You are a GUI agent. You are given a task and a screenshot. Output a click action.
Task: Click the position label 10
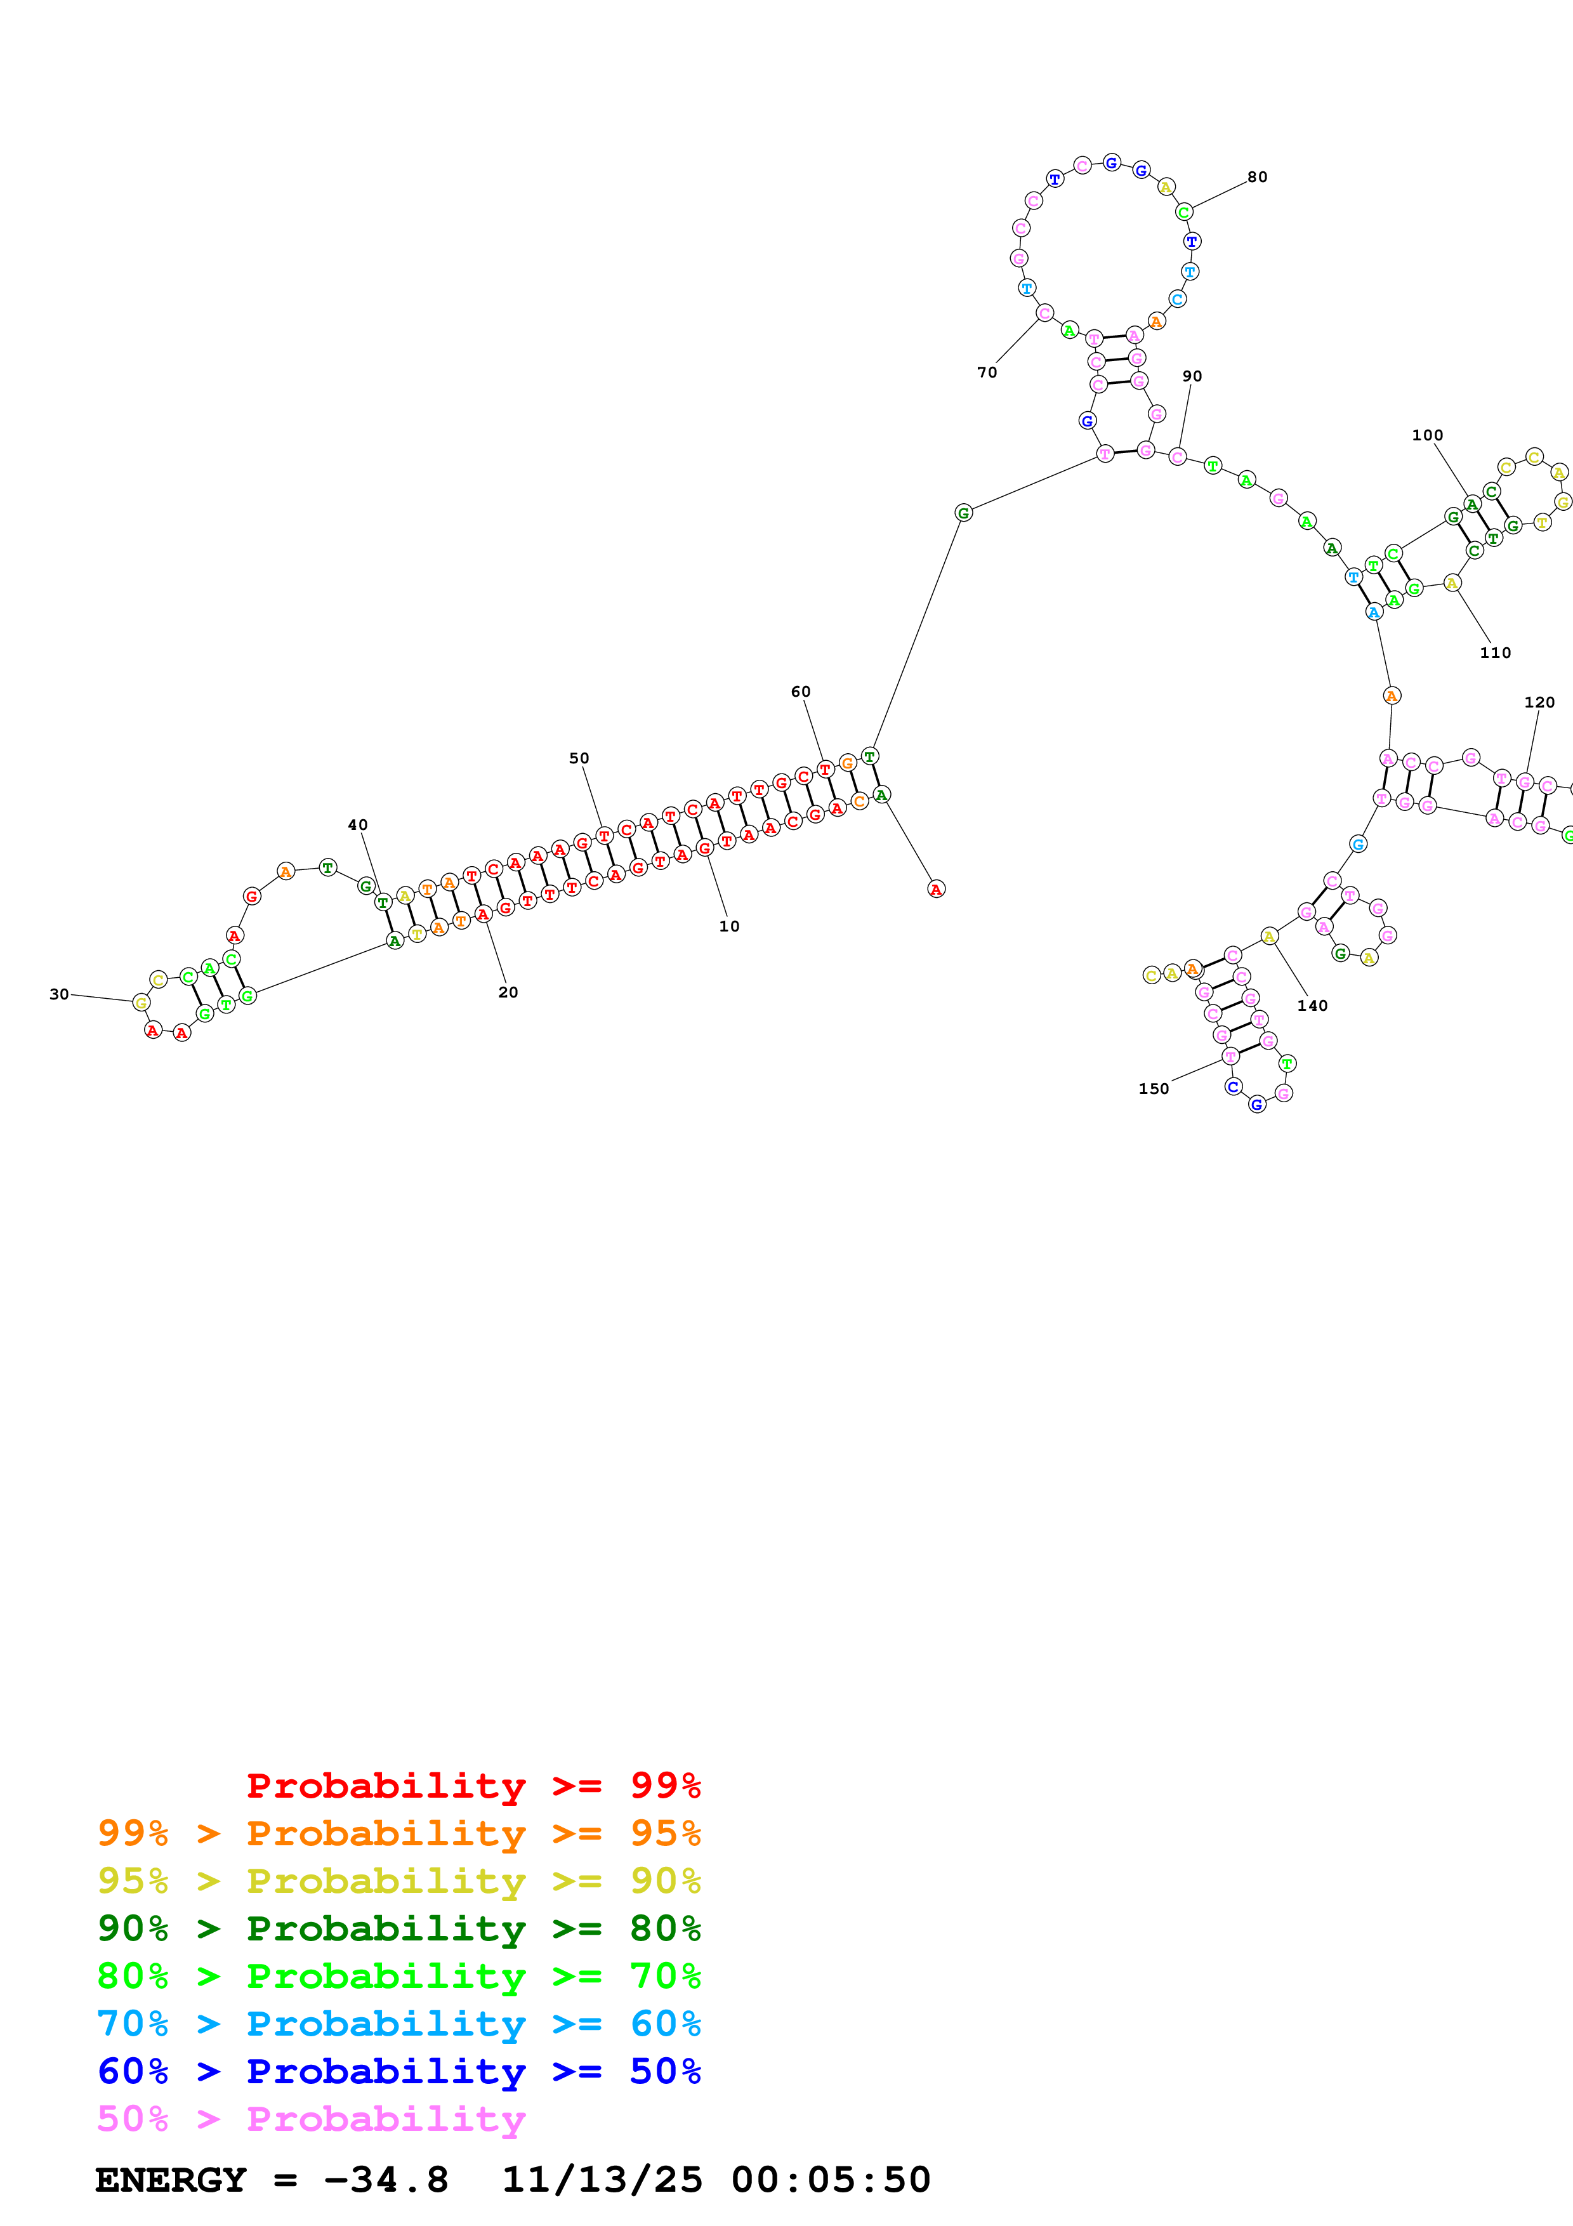(x=729, y=926)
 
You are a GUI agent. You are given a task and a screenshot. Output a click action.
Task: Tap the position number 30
(x=59, y=994)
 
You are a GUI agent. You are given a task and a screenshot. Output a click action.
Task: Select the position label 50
(x=579, y=758)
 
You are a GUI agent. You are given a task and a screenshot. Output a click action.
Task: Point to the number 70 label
(x=987, y=372)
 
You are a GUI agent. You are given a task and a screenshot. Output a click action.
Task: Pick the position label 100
(x=1426, y=435)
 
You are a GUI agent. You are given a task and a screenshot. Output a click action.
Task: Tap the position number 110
(x=1494, y=652)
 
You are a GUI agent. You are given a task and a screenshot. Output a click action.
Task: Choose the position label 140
(x=1312, y=1005)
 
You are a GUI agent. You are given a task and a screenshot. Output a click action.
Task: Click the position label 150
(x=1154, y=1089)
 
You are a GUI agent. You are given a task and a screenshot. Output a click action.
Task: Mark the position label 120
(x=1539, y=702)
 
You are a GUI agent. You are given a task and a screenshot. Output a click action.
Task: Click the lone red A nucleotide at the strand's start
(x=935, y=889)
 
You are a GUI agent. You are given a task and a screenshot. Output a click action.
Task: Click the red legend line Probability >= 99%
(x=473, y=1786)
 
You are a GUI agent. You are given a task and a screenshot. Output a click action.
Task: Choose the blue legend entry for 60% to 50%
(x=398, y=2072)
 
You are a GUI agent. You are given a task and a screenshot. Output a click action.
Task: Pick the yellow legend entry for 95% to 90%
(x=398, y=1881)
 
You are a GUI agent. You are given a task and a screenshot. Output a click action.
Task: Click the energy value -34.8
(x=386, y=2180)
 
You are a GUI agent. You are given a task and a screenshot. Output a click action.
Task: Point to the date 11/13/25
(x=601, y=2180)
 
